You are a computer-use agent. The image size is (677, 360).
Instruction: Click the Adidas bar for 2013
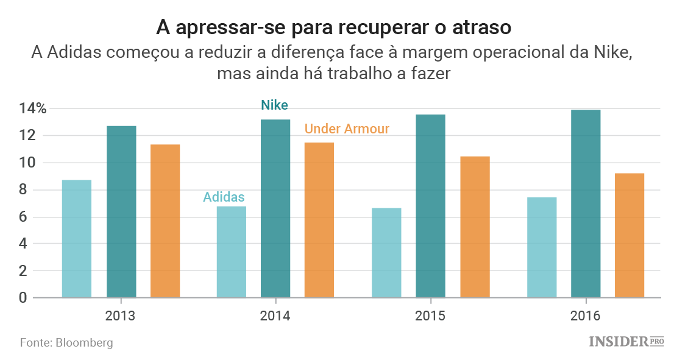(x=77, y=239)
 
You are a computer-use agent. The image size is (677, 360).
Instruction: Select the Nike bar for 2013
(x=121, y=212)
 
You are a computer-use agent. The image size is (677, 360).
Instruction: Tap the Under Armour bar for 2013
(x=165, y=221)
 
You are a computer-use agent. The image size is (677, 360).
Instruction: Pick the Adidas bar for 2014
(x=232, y=252)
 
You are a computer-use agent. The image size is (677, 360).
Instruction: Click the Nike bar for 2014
(x=275, y=208)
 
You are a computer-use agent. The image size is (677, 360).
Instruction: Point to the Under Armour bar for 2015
(x=475, y=227)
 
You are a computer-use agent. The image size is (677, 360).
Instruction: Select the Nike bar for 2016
(x=586, y=203)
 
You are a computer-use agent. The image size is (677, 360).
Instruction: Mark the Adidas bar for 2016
(x=542, y=247)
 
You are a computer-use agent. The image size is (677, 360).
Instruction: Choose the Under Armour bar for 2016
(x=629, y=235)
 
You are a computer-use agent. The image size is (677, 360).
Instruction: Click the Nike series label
(x=274, y=105)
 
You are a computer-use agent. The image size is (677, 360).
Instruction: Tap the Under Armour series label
(x=347, y=129)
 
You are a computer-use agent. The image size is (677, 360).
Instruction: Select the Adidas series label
(x=224, y=197)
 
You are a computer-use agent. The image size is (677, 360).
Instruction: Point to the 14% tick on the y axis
(x=32, y=109)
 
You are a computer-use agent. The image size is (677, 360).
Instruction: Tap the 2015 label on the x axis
(x=430, y=316)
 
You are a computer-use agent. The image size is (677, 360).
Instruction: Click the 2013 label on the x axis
(x=121, y=316)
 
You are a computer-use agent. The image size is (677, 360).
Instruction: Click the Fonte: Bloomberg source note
(x=66, y=342)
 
